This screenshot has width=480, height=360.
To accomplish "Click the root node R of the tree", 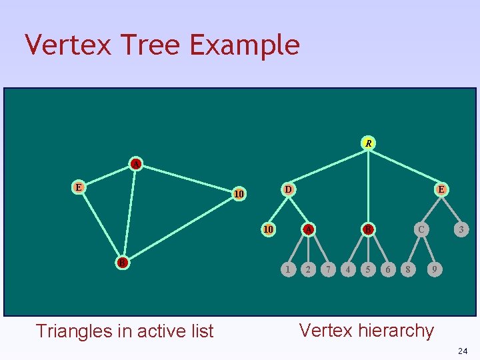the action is click(368, 143).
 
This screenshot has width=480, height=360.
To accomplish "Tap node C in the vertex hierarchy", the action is click(420, 230).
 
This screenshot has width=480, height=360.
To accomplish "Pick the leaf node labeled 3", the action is click(461, 230).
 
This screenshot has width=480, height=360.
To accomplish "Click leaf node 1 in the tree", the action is click(287, 269).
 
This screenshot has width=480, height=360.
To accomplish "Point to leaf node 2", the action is click(307, 269).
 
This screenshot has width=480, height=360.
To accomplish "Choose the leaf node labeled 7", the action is click(328, 269).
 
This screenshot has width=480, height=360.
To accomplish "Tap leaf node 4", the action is click(347, 269).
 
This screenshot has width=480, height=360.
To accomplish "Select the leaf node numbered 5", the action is click(367, 269).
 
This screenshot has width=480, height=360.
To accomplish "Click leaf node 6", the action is click(388, 269).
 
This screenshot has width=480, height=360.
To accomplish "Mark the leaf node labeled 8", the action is click(407, 269).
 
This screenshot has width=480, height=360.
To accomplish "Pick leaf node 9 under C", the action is click(434, 269).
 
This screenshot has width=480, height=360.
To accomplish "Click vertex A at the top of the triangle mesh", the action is click(136, 164).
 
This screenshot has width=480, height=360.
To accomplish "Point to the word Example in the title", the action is click(245, 45).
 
